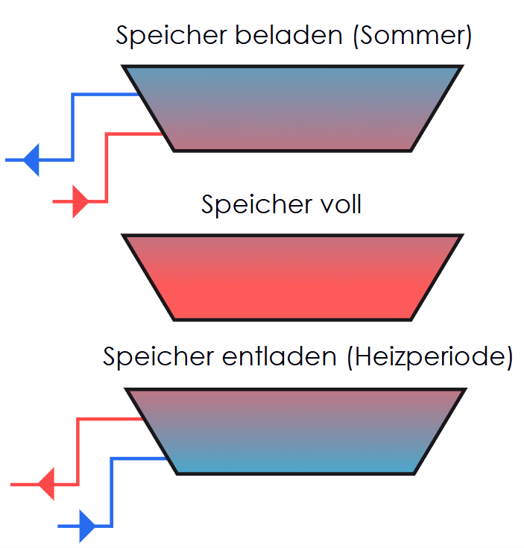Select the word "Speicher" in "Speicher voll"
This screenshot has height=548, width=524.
[248, 204]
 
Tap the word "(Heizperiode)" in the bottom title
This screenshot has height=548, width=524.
[430, 357]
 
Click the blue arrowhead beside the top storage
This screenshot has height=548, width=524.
[31, 160]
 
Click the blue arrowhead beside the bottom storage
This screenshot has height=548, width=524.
[87, 526]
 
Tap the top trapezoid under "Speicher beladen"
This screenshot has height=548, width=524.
[292, 108]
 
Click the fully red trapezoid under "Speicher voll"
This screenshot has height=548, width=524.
[292, 277]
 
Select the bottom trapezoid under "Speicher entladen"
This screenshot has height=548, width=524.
[296, 431]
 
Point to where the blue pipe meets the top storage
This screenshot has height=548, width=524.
[139, 95]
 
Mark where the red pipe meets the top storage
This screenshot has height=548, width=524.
[162, 133]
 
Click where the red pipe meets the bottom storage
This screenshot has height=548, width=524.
[143, 419]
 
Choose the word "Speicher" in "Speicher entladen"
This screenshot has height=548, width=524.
[150, 356]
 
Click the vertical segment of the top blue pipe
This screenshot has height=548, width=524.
[72, 127]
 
